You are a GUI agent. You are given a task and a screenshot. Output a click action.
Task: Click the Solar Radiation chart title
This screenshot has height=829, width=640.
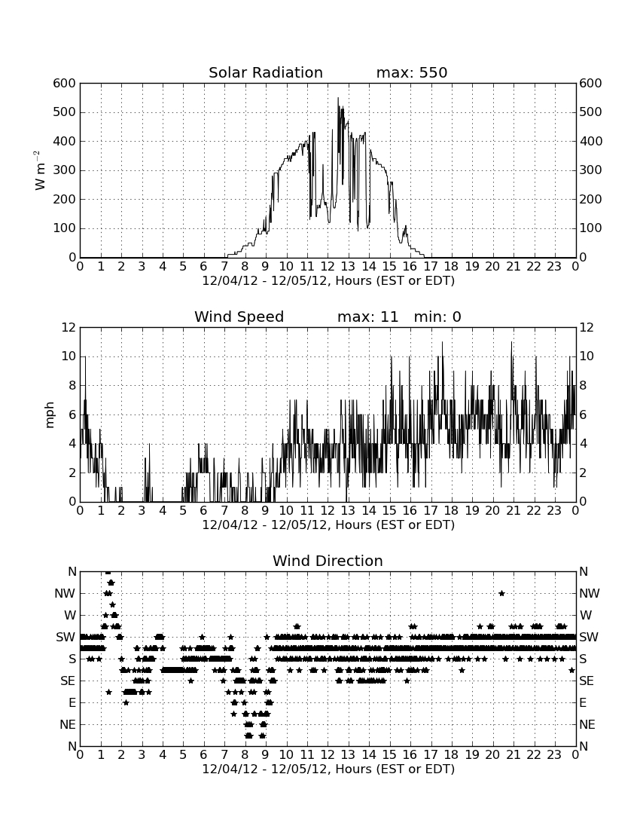click(266, 72)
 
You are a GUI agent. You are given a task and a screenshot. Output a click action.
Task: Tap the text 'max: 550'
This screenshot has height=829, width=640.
click(412, 72)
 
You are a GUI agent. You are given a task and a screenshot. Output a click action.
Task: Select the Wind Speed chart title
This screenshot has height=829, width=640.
click(239, 317)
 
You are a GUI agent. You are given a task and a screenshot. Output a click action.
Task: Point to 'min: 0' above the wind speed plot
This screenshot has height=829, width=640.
click(437, 317)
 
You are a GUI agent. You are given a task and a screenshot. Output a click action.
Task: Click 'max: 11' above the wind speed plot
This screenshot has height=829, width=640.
click(367, 317)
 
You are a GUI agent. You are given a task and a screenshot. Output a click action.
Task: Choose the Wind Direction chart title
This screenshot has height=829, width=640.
click(328, 561)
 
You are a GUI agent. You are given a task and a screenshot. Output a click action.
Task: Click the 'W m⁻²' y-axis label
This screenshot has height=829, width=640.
click(38, 170)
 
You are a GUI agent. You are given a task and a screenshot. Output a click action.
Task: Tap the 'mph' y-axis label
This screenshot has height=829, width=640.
click(50, 415)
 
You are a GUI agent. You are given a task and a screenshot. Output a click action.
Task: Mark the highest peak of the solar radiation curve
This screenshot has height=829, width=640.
click(338, 98)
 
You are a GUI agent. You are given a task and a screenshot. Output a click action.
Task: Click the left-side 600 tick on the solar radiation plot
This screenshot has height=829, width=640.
click(65, 84)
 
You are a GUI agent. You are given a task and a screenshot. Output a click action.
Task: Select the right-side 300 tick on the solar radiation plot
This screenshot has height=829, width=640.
click(591, 170)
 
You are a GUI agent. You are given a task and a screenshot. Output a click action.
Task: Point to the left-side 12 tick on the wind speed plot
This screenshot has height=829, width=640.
click(69, 328)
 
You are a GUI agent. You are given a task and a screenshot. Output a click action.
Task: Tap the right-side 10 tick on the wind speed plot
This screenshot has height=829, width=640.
click(587, 356)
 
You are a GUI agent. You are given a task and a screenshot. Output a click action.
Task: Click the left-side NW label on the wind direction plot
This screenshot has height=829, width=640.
click(66, 594)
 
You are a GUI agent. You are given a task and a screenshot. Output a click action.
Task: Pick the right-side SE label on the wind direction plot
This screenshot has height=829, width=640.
click(587, 681)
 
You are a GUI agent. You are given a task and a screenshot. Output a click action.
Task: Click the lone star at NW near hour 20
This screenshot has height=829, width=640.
click(501, 593)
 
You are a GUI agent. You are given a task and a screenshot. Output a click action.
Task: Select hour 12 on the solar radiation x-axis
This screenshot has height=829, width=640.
click(328, 267)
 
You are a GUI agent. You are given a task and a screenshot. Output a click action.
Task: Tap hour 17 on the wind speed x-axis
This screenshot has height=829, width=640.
click(431, 511)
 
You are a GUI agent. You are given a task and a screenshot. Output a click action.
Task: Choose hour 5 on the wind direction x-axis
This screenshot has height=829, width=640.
click(183, 755)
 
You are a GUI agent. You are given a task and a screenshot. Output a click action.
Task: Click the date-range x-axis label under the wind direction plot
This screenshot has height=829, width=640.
click(328, 769)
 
